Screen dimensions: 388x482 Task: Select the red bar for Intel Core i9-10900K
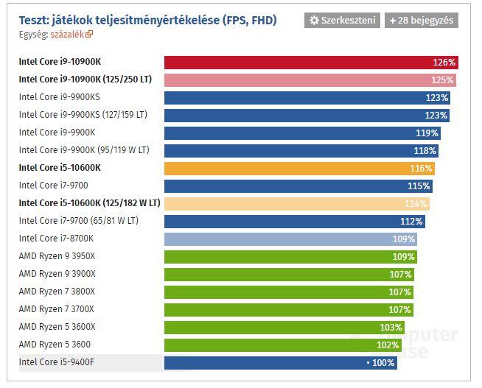310,63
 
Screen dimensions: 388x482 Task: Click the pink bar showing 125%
310,80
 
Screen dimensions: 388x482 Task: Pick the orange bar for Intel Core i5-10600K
299,169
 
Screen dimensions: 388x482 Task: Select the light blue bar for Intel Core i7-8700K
290,239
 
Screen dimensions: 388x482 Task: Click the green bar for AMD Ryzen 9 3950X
290,257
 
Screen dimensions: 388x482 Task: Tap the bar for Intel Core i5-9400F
280,362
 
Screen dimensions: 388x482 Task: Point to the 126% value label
444,63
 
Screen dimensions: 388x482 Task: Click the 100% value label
383,363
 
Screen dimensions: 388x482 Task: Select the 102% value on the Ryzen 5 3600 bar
388,345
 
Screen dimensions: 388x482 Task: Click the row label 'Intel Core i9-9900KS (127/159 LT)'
83,115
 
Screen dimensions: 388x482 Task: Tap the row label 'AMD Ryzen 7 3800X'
57,292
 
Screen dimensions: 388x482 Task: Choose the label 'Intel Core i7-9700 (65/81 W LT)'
79,221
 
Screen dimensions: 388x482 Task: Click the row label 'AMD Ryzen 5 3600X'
57,327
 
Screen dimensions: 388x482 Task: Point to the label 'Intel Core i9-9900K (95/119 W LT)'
84,150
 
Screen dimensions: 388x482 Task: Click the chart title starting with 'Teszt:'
147,20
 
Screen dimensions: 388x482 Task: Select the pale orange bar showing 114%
297,204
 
